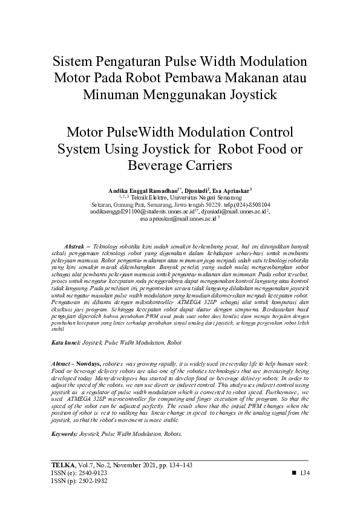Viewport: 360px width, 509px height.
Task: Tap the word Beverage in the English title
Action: coord(156,164)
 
